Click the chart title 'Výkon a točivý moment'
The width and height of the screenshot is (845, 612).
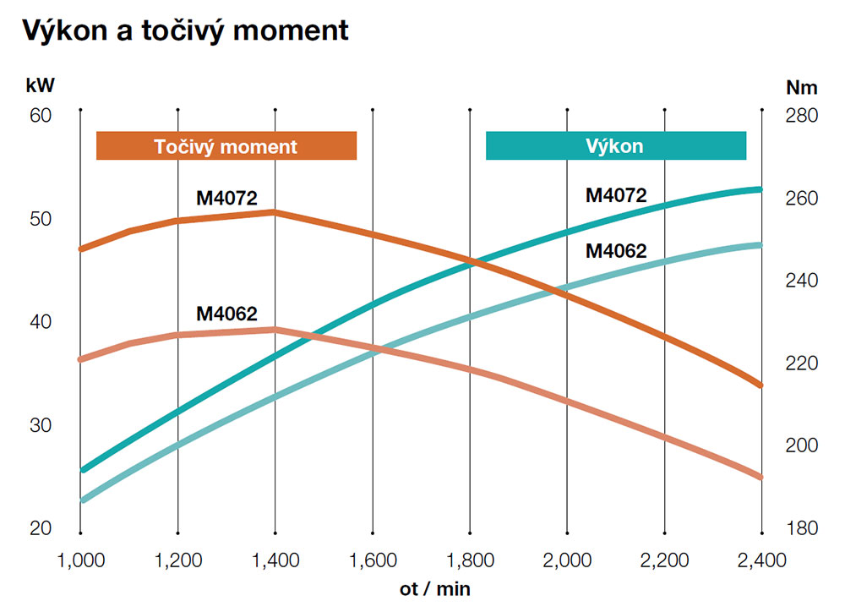(x=185, y=31)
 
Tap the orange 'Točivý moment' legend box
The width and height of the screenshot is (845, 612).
(x=226, y=146)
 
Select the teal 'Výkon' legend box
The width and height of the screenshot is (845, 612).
(x=615, y=146)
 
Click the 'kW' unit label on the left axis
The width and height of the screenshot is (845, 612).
(x=40, y=85)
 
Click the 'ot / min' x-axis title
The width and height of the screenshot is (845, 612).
(x=437, y=586)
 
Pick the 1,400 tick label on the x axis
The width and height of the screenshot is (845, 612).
(x=275, y=560)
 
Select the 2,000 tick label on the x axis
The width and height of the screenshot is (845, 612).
(x=567, y=560)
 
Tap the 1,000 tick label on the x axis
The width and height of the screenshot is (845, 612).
(x=80, y=560)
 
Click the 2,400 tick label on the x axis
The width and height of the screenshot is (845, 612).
(x=761, y=560)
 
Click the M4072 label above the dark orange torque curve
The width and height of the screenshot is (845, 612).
(x=226, y=198)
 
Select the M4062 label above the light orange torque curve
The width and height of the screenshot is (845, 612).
(x=226, y=313)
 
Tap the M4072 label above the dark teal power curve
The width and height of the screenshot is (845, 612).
(x=616, y=195)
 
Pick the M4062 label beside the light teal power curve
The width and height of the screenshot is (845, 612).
(x=616, y=250)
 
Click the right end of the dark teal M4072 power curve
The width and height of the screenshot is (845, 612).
(x=760, y=189)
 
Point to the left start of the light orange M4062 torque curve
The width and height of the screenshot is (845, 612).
(x=81, y=359)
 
